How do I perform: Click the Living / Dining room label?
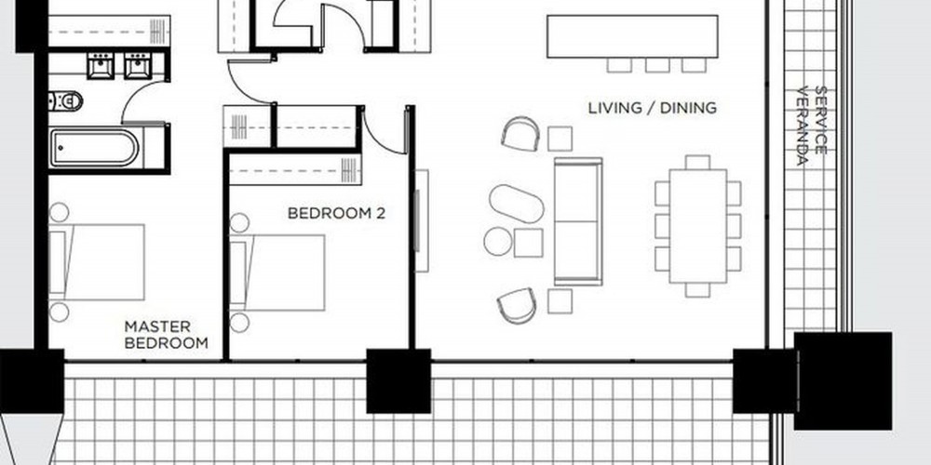pos(652,108)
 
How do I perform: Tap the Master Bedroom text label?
pos(167,335)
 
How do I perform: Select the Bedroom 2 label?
pos(336,213)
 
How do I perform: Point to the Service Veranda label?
pos(812,126)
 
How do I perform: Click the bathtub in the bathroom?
pos(95,148)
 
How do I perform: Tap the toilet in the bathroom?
pos(66,101)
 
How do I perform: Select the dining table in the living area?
pos(697,226)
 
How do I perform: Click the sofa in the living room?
pos(578,221)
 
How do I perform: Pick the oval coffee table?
pos(517,204)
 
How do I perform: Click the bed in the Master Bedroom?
pos(97,261)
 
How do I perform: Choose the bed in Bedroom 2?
pos(277,272)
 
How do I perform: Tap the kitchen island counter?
pos(632,37)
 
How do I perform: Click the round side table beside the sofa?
pos(497,242)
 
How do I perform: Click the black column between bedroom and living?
pos(398,380)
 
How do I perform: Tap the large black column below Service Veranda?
pos(843,380)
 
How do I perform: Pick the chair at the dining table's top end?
pos(697,162)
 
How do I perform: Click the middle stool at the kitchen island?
pos(657,65)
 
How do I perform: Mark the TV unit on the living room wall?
pos(421,220)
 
